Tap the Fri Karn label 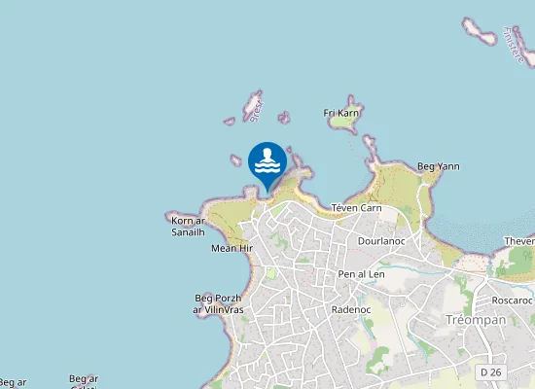341,113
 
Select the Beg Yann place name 438,166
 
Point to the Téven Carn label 356,208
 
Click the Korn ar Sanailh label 188,227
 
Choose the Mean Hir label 232,248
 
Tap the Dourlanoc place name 380,240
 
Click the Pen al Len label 362,274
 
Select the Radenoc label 351,309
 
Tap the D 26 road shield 490,372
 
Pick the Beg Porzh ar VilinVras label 218,303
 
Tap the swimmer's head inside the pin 267,153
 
